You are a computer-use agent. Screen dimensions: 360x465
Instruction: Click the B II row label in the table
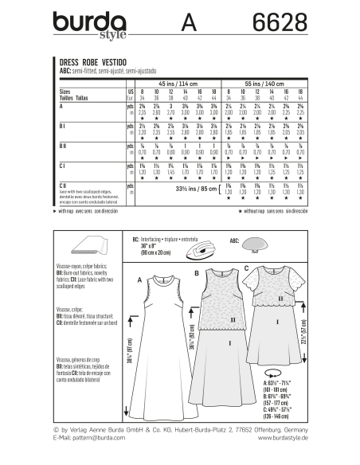click(x=63, y=147)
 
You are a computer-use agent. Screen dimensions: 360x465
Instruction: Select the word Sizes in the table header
click(x=67, y=92)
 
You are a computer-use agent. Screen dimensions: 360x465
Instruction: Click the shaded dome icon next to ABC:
click(x=260, y=243)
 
